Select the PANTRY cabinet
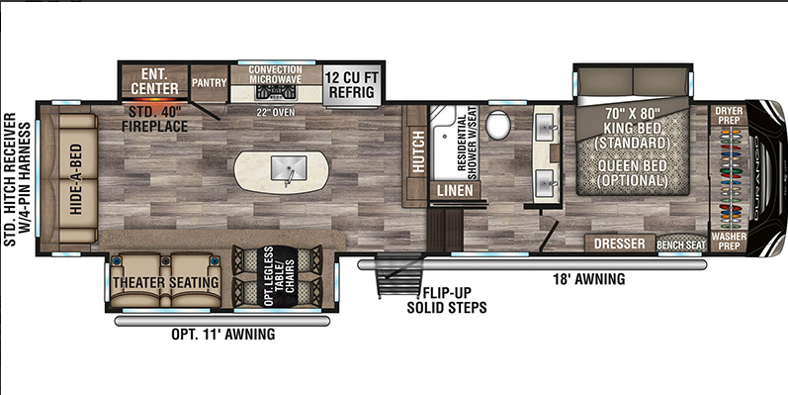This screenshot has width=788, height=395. (209, 83)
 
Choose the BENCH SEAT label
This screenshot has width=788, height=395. (681, 244)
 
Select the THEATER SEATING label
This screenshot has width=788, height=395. (165, 283)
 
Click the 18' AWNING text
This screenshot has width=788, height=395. (589, 280)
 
